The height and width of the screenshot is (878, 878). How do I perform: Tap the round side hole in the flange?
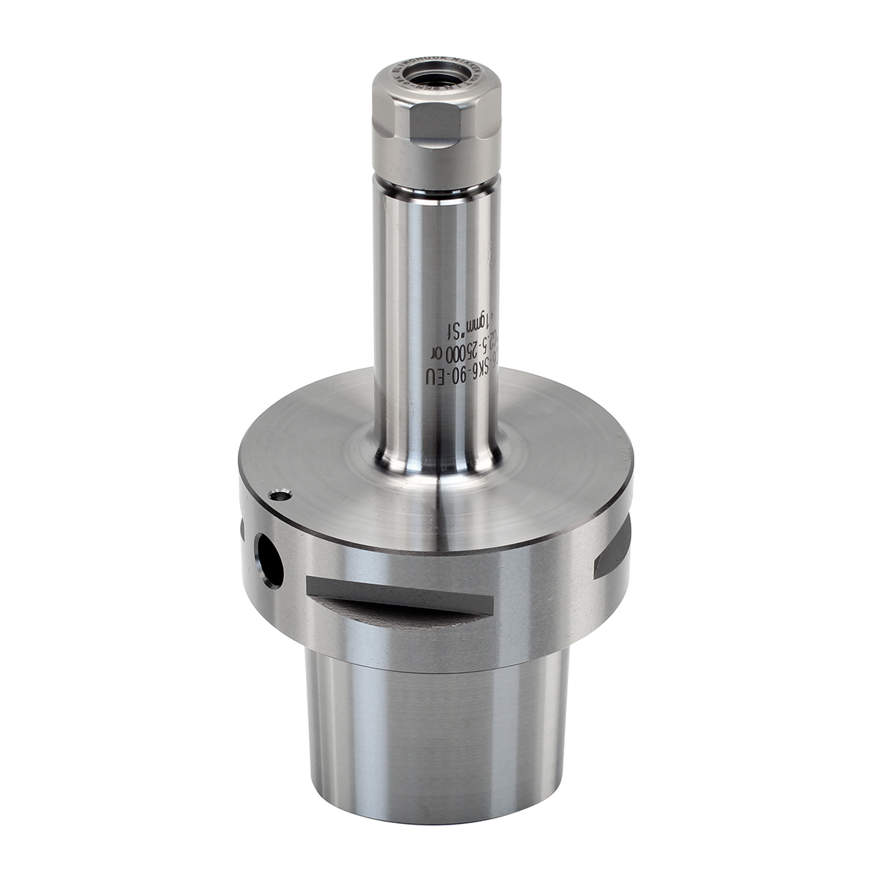pos(269,560)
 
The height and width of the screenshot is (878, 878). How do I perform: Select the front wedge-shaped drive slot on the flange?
pos(399,599)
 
